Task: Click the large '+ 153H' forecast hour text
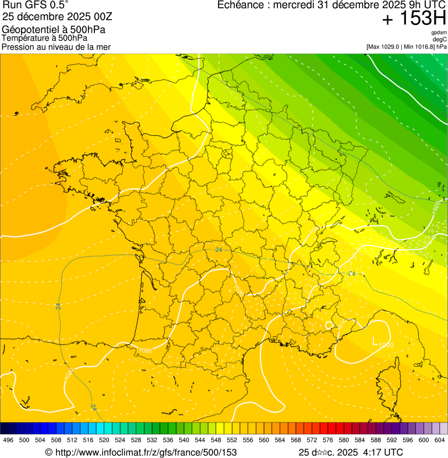coord(414,19)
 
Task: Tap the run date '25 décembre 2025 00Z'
coord(61,16)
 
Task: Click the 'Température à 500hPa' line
coord(44,38)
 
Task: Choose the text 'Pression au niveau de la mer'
coord(56,47)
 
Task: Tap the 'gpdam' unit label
coord(439,33)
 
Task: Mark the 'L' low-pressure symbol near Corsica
coord(374,340)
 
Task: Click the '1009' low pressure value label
coord(386,346)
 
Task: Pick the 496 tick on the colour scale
coord(8,441)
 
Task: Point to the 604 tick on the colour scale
coord(439,441)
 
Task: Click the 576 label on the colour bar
coord(327,441)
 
